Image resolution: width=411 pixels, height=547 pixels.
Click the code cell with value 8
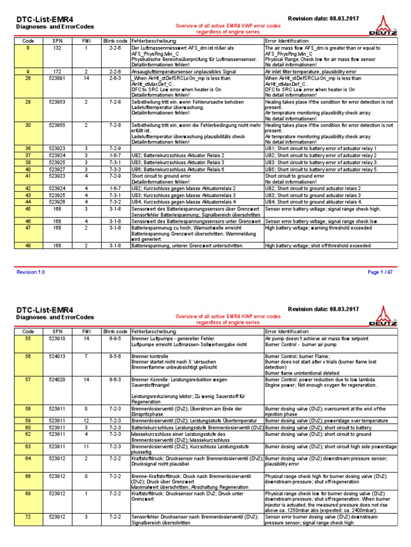[x=27, y=48]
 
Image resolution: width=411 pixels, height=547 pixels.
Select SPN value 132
[x=57, y=48]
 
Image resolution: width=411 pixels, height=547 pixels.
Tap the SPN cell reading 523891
[x=57, y=77]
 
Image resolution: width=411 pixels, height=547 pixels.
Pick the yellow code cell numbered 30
[x=27, y=124]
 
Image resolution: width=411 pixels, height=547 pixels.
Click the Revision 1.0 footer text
[x=31, y=272]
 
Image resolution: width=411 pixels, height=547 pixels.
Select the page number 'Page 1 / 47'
[x=380, y=272]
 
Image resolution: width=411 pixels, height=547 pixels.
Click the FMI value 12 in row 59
[x=87, y=420]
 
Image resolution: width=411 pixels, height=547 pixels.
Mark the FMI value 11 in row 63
[x=87, y=446]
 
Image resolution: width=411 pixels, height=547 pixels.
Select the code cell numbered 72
[x=27, y=517]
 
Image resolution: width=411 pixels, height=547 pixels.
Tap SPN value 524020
[x=57, y=379]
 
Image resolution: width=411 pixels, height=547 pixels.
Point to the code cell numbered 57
[x=27, y=379]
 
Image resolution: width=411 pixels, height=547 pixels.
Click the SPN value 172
[x=57, y=71]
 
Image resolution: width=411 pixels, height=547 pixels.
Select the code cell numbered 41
[x=27, y=175]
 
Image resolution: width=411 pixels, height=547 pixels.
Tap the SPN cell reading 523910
[x=57, y=339]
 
